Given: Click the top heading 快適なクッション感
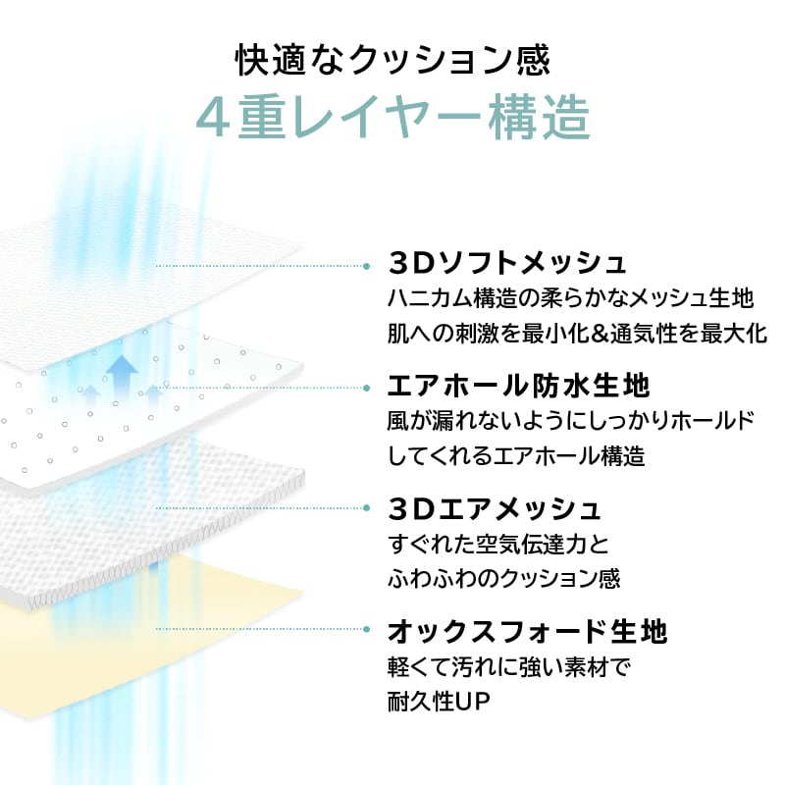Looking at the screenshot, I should click(x=392, y=60).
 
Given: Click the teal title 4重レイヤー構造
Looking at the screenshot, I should click(x=392, y=118).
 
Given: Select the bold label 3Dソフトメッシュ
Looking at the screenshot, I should click(x=507, y=263).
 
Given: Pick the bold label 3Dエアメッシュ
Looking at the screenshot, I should click(x=495, y=509).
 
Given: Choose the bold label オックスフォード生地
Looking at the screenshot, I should click(x=528, y=630).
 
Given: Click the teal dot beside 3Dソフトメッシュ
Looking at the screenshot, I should click(x=367, y=265).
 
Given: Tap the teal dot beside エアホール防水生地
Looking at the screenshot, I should click(x=367, y=385).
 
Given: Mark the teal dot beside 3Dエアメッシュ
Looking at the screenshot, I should click(x=367, y=508).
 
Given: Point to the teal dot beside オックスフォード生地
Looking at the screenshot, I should click(x=367, y=629).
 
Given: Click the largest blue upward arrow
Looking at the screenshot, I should click(x=122, y=375).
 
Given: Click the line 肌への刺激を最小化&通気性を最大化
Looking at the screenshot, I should click(x=577, y=332).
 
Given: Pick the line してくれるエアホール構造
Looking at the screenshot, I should click(x=516, y=455).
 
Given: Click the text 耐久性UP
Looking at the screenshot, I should click(x=439, y=703).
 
